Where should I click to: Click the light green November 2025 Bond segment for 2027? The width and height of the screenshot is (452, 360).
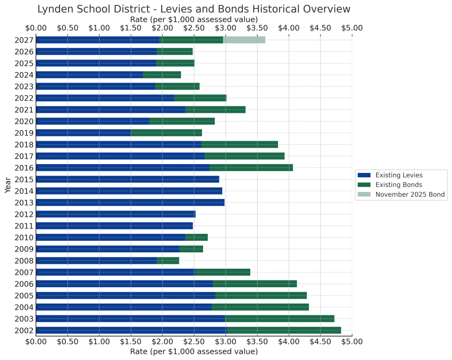click(244, 40)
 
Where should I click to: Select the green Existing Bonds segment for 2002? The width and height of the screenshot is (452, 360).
click(283, 330)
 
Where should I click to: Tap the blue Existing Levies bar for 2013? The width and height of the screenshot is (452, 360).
click(130, 202)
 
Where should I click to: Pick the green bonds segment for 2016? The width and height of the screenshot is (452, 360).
click(251, 168)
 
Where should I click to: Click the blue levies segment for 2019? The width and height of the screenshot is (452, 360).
click(83, 133)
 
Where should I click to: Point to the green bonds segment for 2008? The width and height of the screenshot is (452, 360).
click(168, 261)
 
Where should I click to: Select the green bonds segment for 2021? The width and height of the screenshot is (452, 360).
click(215, 109)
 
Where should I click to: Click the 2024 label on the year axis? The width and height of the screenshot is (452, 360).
click(24, 75)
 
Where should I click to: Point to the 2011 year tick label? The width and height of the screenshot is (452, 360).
click(24, 226)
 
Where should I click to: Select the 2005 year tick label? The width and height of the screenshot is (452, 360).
click(24, 296)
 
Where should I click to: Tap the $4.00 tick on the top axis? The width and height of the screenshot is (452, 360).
click(289, 28)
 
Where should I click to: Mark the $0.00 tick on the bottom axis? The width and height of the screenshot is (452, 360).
click(36, 341)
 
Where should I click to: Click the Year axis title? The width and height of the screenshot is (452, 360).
click(8, 185)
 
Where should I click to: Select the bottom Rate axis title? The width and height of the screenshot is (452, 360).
click(194, 352)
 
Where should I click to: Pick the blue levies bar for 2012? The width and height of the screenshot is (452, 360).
click(116, 214)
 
